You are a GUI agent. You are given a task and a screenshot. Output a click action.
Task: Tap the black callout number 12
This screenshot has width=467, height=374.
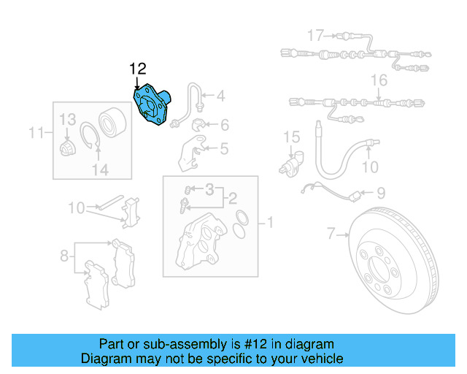click(139, 69)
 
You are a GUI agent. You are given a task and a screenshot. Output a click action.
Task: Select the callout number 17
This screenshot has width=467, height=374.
click(314, 35)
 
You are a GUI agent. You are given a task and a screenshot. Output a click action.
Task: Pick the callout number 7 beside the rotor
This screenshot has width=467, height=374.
click(331, 234)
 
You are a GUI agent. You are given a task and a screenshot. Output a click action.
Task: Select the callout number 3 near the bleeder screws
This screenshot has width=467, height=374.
click(209, 190)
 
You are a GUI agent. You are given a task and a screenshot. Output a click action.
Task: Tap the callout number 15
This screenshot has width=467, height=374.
click(291, 137)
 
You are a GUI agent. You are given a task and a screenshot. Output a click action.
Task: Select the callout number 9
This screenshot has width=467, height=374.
click(380, 194)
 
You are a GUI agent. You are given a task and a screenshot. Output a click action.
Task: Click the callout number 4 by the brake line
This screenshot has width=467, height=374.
click(220, 96)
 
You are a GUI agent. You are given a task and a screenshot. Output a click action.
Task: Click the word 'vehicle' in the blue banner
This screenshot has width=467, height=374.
click(315, 359)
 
